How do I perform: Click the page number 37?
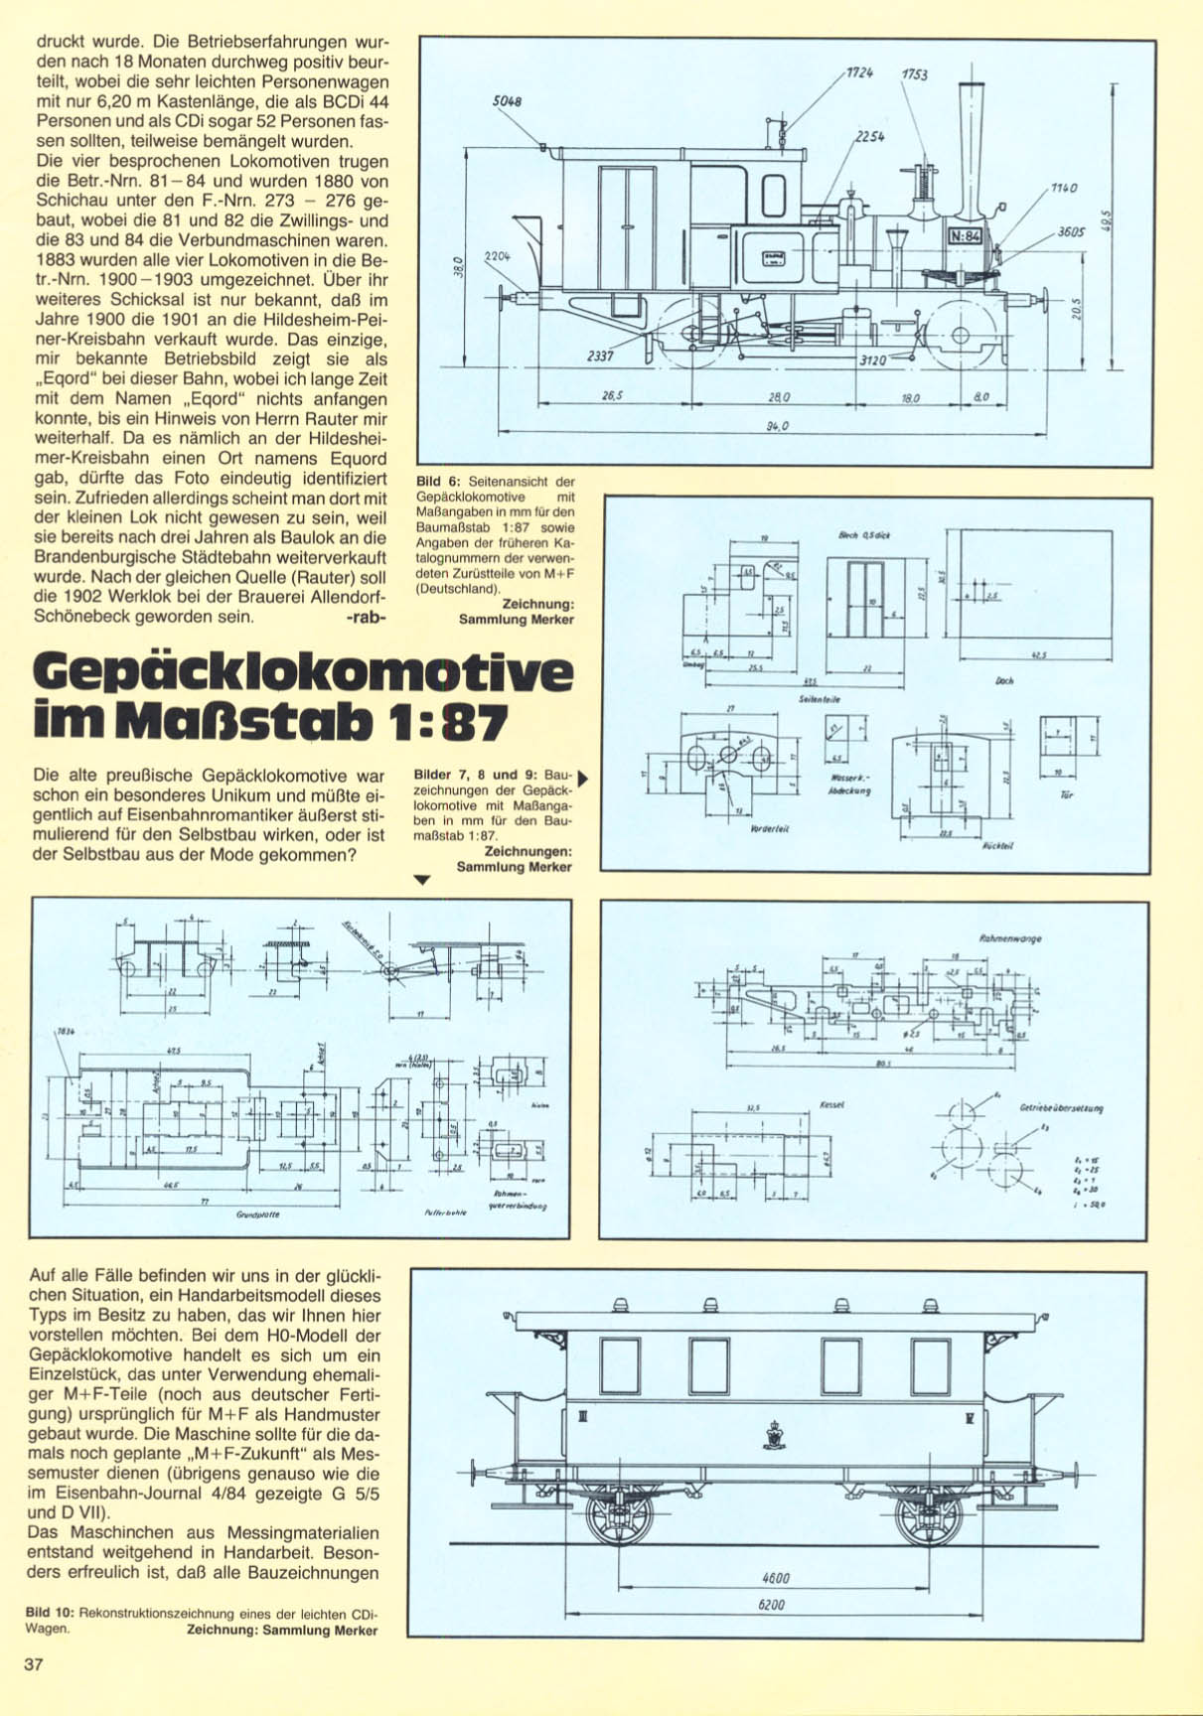pyautogui.click(x=34, y=1665)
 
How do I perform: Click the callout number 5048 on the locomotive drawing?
pyautogui.click(x=508, y=101)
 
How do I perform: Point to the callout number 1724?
pyautogui.click(x=860, y=73)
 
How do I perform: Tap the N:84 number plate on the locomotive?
pyautogui.click(x=965, y=236)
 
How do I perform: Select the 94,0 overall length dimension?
pyautogui.click(x=778, y=426)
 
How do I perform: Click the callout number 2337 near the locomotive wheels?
pyautogui.click(x=602, y=357)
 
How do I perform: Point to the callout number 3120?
pyautogui.click(x=872, y=361)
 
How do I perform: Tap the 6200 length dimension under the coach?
pyautogui.click(x=771, y=1605)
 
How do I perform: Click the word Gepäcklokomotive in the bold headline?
pyautogui.click(x=303, y=675)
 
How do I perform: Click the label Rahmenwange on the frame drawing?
pyautogui.click(x=1010, y=937)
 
